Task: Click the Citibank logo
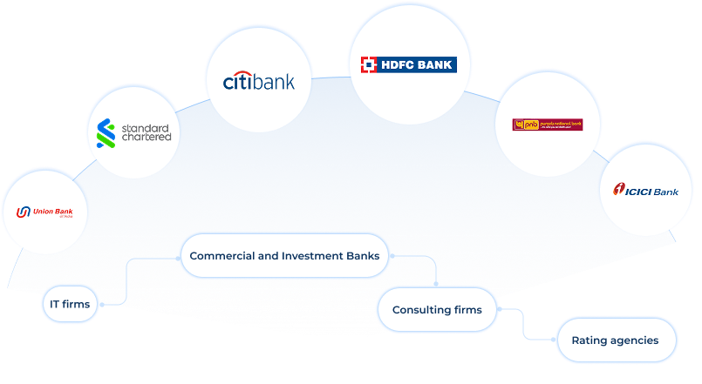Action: click(259, 82)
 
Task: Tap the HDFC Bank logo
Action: click(409, 64)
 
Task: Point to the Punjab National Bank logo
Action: click(548, 125)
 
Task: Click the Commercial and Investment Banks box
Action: click(284, 256)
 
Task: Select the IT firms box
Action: click(70, 305)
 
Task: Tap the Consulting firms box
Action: click(437, 309)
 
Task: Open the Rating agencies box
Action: click(616, 340)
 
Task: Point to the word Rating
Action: click(590, 340)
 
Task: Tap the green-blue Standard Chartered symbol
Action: click(106, 132)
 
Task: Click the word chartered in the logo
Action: click(146, 138)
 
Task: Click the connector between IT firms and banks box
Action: click(127, 279)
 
